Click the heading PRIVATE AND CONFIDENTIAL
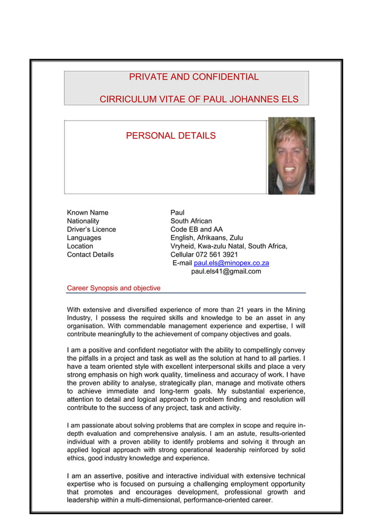click(x=194, y=77)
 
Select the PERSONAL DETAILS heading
click(x=171, y=136)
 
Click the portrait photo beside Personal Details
click(x=291, y=156)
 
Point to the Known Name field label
click(x=88, y=212)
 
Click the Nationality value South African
click(x=191, y=221)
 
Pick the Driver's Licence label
click(x=91, y=229)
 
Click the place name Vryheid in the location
click(x=184, y=246)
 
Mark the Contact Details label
click(x=91, y=255)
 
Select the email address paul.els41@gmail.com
click(x=226, y=271)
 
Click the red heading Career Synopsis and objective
click(x=113, y=288)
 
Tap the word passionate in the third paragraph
click(x=96, y=425)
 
